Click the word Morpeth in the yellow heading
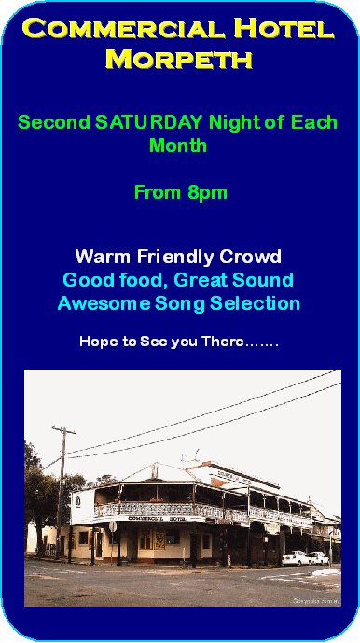click(178, 59)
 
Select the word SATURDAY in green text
click(149, 122)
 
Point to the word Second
click(54, 122)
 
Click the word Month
click(178, 146)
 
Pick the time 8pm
click(207, 193)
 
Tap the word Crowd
click(250, 258)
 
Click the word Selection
click(255, 304)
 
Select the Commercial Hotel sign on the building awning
click(157, 519)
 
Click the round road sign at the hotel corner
click(113, 526)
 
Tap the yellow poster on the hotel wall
click(159, 539)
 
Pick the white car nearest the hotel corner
click(297, 558)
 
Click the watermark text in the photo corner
click(316, 602)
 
